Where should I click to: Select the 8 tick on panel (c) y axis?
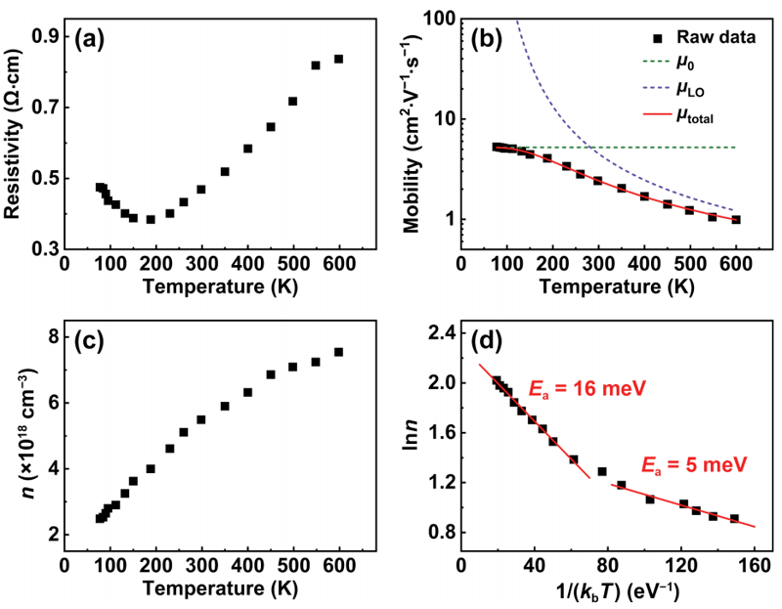point(52,335)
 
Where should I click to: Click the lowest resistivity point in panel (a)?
point(151,219)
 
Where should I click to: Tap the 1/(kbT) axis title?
point(606,590)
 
